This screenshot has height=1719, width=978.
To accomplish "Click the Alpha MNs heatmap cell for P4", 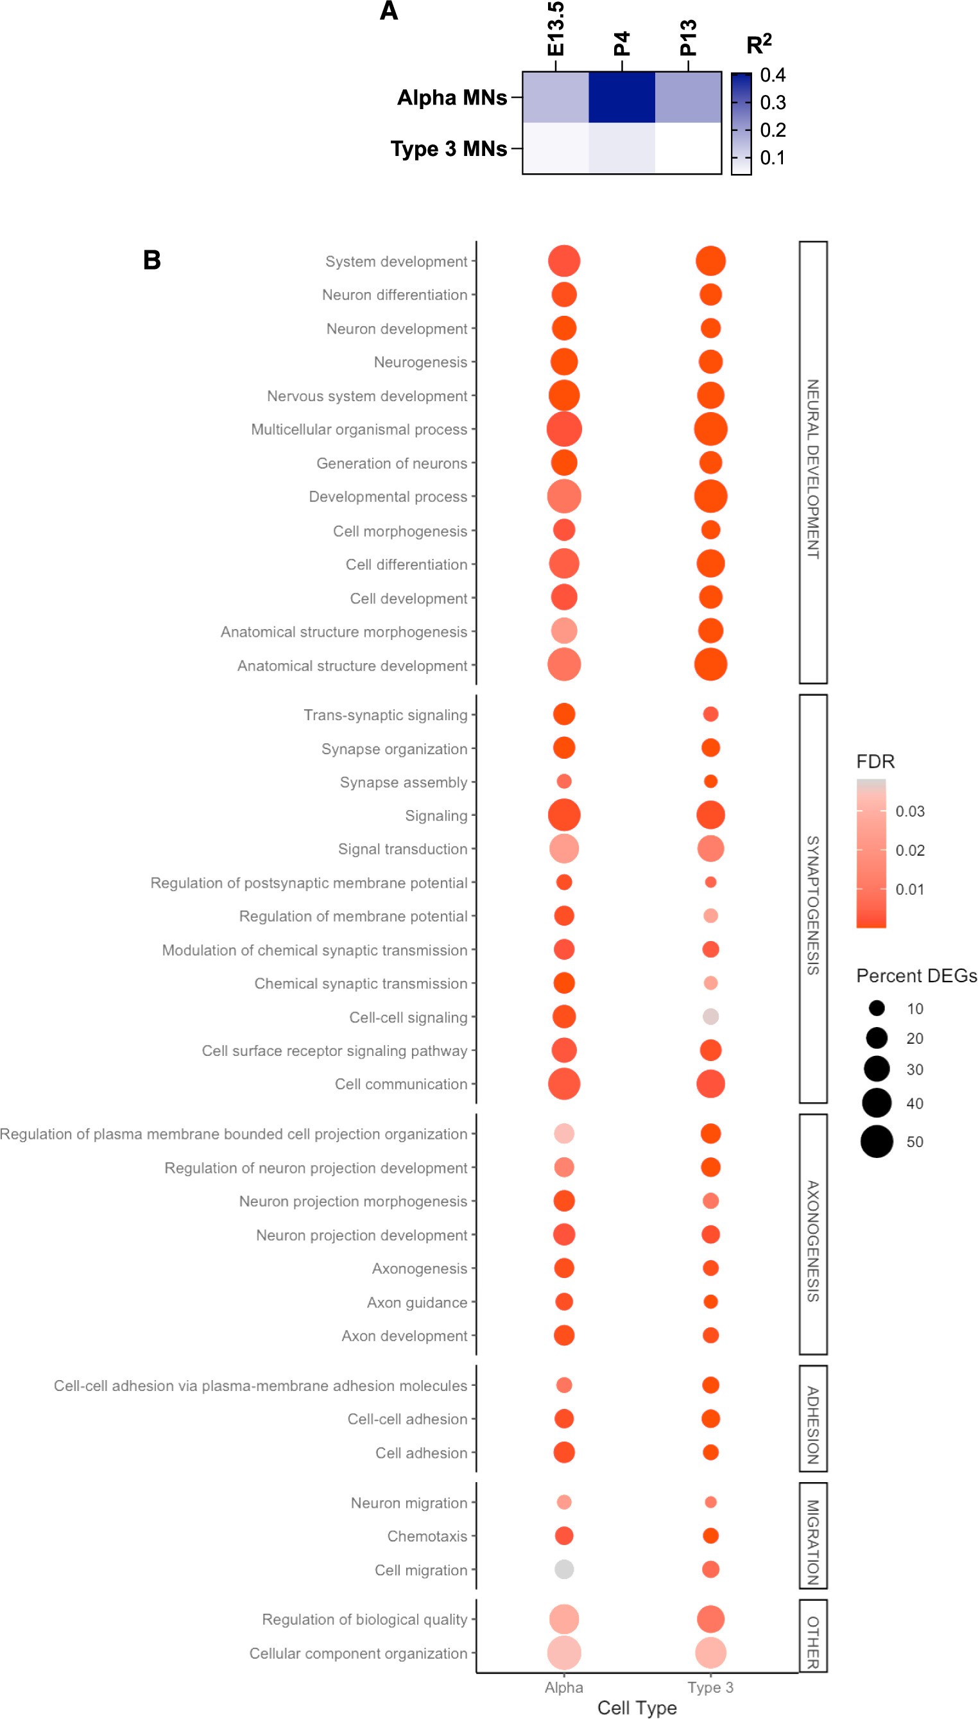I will point(621,98).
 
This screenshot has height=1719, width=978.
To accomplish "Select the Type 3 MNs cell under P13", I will point(688,148).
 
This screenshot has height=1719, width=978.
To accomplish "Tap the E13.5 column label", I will point(556,30).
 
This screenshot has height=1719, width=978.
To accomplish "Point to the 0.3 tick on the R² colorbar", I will point(773,103).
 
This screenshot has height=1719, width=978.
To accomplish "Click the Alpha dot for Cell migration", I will point(563,1569).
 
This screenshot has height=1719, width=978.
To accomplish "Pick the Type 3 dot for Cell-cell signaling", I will point(710,1016).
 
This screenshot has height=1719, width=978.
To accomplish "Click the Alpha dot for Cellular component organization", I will point(563,1652).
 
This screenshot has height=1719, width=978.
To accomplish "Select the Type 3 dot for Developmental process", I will point(710,496).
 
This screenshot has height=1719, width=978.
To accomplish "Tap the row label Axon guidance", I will point(416,1302).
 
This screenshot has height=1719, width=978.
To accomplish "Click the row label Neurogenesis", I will point(420,362).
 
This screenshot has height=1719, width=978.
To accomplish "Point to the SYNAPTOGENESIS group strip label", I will point(812,905).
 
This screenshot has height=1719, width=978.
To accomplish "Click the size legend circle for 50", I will point(876,1141).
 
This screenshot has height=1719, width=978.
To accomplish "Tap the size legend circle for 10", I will point(876,1008).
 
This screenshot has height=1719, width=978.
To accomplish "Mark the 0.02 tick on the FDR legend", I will point(909,850).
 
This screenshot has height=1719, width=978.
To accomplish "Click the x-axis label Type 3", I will point(710,1687).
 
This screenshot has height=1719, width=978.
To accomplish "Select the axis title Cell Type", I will point(636,1707).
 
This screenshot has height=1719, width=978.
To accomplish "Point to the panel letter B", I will point(152,260).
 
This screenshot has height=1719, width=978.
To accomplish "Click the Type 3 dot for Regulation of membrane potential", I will point(710,915).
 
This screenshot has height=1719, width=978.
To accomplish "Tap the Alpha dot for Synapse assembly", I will point(563,781).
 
